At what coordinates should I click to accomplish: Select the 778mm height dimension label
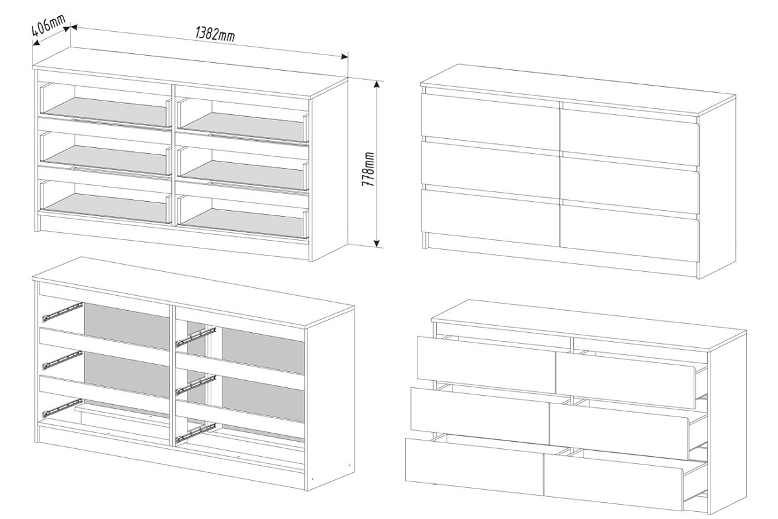(368, 170)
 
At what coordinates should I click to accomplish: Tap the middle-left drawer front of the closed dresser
(489, 167)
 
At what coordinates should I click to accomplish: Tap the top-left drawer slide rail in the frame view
(62, 312)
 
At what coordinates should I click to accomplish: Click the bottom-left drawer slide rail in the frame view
(62, 407)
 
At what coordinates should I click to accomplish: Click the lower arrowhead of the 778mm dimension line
(376, 243)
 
